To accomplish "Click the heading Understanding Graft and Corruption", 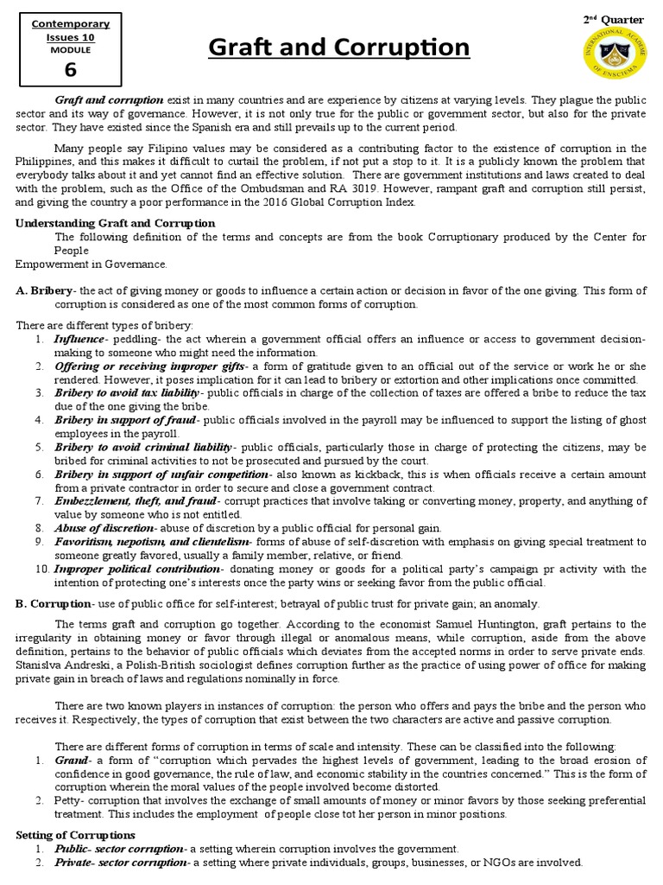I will click(116, 223).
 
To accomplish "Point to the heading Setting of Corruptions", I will click(76, 835).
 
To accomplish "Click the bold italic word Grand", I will click(71, 759).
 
